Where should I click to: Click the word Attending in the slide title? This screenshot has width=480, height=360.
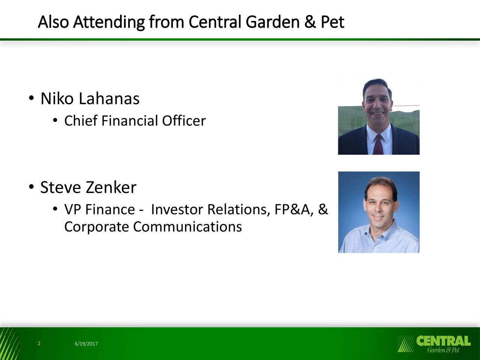(109, 22)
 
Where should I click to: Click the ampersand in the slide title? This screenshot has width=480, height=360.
(310, 22)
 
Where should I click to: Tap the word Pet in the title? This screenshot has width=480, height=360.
(332, 22)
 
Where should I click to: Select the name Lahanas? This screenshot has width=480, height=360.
(109, 99)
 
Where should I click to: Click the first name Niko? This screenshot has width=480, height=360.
(57, 99)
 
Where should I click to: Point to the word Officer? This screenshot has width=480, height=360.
(184, 121)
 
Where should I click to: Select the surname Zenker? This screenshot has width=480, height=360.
(111, 187)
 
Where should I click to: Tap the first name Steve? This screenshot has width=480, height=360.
(61, 187)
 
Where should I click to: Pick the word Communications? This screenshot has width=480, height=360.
(187, 226)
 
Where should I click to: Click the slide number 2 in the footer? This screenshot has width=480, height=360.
(39, 343)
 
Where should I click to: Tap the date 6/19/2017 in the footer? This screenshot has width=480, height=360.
(86, 343)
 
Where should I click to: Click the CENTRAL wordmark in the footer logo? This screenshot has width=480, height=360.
(444, 341)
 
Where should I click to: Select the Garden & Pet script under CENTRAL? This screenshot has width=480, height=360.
(443, 350)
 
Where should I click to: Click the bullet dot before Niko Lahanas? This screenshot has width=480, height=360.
(31, 98)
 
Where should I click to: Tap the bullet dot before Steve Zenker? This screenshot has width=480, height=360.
(31, 187)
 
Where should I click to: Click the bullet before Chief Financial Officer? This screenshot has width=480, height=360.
(55, 120)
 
